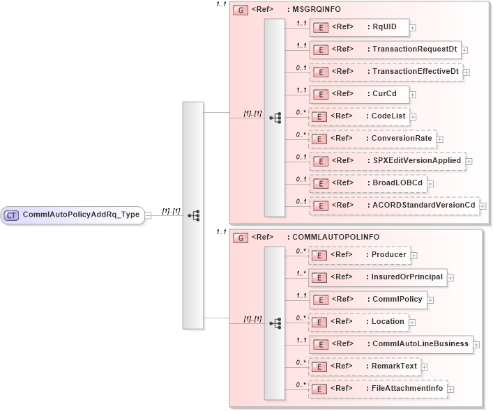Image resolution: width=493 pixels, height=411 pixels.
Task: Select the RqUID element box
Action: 359,28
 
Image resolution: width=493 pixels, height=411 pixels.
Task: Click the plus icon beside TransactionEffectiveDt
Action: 466,72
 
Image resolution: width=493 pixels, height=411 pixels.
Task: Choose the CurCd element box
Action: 359,94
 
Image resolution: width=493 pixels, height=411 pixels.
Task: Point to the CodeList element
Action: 359,116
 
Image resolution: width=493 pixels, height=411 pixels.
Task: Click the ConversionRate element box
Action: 373,139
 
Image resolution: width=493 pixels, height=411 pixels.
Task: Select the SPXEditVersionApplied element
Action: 387,161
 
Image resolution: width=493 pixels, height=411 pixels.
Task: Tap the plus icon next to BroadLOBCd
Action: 432,183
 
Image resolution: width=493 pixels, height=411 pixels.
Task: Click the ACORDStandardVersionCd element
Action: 394,205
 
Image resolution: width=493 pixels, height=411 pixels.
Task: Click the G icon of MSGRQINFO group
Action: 241,10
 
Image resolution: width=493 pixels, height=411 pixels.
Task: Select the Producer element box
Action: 359,255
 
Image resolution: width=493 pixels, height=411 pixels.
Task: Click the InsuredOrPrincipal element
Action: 377,277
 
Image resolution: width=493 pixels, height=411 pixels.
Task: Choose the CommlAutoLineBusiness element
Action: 390,344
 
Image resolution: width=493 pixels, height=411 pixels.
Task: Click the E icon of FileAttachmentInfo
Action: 319,389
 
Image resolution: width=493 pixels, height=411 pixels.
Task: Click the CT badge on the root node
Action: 11,215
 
